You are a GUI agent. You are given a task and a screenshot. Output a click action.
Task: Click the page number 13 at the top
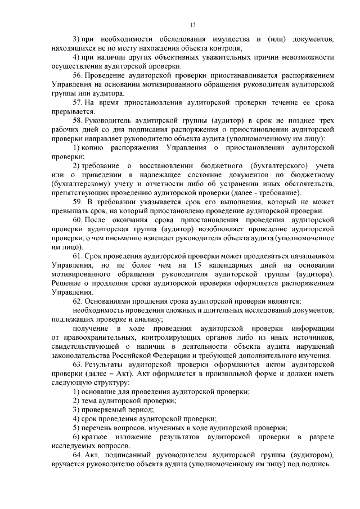pos(192,24)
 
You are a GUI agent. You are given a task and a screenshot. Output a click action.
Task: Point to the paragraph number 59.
pos(79,201)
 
